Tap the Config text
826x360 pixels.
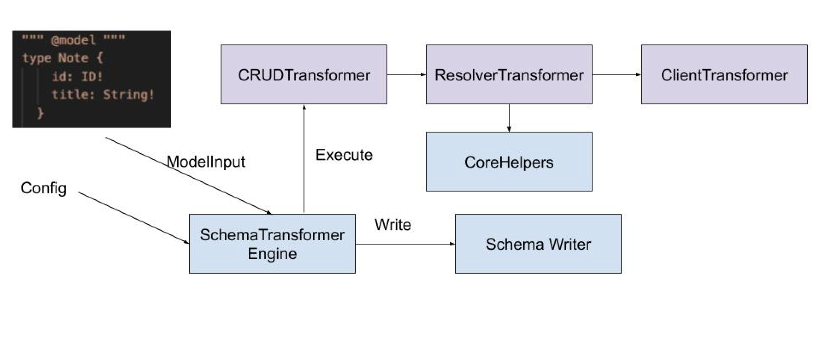pos(44,189)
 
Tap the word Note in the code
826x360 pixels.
pos(74,58)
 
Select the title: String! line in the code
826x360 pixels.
pos(103,95)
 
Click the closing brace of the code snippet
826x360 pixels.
pos(41,113)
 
